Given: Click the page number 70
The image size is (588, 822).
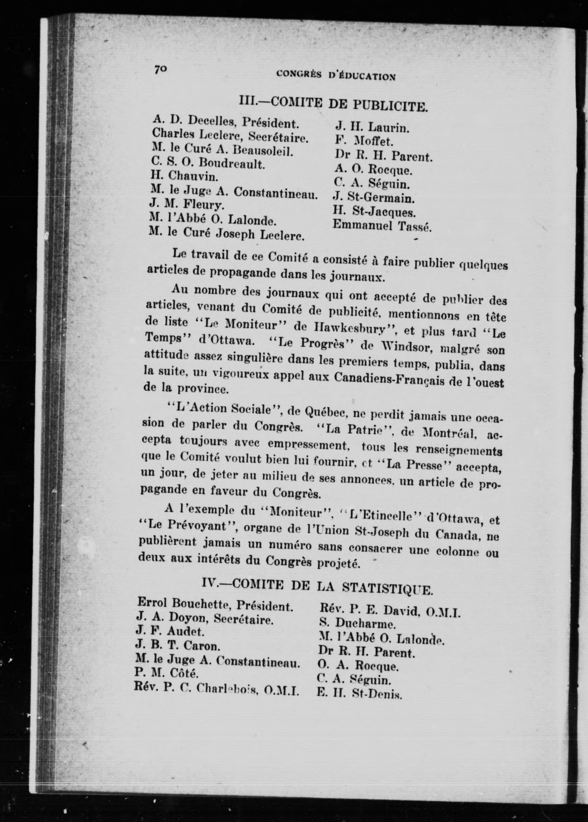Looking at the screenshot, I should [x=160, y=69].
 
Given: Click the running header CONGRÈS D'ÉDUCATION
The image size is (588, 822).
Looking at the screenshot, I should [x=336, y=75].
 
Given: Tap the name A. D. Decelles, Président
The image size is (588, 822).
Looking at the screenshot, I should [x=226, y=122].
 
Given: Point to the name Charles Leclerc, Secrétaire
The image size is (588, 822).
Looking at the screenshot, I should [x=230, y=136].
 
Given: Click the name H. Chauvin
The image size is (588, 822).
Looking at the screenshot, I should [x=184, y=177].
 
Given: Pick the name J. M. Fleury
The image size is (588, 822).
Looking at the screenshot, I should [x=187, y=205].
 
